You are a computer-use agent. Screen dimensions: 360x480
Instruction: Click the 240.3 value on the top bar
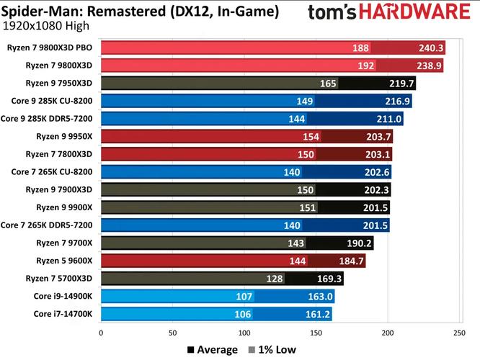[430, 48]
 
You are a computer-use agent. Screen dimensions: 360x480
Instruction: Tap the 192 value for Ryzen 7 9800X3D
[360, 66]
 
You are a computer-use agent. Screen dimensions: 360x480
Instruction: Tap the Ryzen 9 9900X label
[64, 206]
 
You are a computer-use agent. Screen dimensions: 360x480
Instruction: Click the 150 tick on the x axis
[316, 333]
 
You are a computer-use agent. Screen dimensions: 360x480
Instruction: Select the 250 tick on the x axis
[458, 333]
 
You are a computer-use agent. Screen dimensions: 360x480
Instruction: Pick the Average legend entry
[213, 350]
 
